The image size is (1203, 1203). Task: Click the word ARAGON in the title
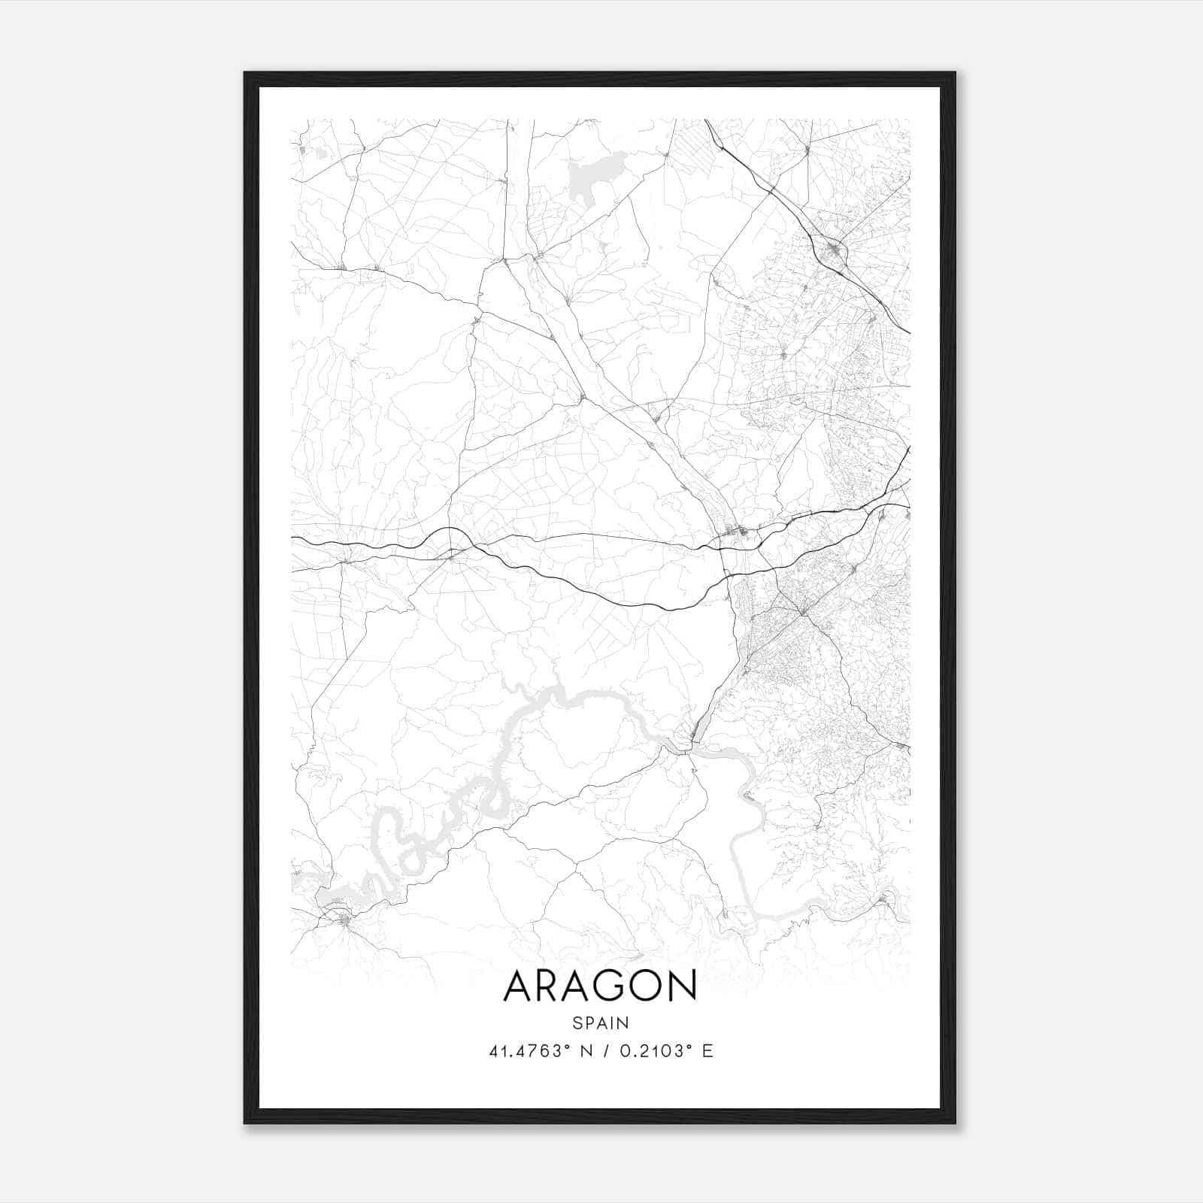(x=600, y=986)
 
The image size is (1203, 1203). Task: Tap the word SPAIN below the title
(x=600, y=1023)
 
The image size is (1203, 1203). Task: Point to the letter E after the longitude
(x=707, y=1051)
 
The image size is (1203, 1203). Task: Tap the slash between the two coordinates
(x=605, y=1051)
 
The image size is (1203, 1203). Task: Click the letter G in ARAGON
(x=608, y=986)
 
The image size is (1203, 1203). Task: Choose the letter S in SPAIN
(x=577, y=1023)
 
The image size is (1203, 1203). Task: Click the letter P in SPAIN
(x=588, y=1023)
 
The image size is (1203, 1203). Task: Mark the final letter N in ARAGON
(x=683, y=986)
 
